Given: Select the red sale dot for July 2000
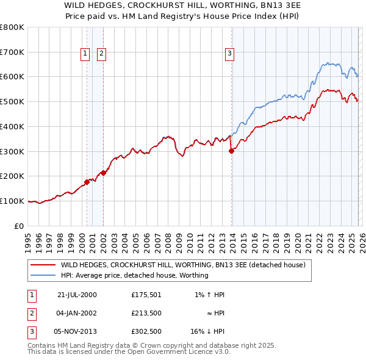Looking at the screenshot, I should coord(87,182).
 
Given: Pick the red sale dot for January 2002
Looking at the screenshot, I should coord(103,173).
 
